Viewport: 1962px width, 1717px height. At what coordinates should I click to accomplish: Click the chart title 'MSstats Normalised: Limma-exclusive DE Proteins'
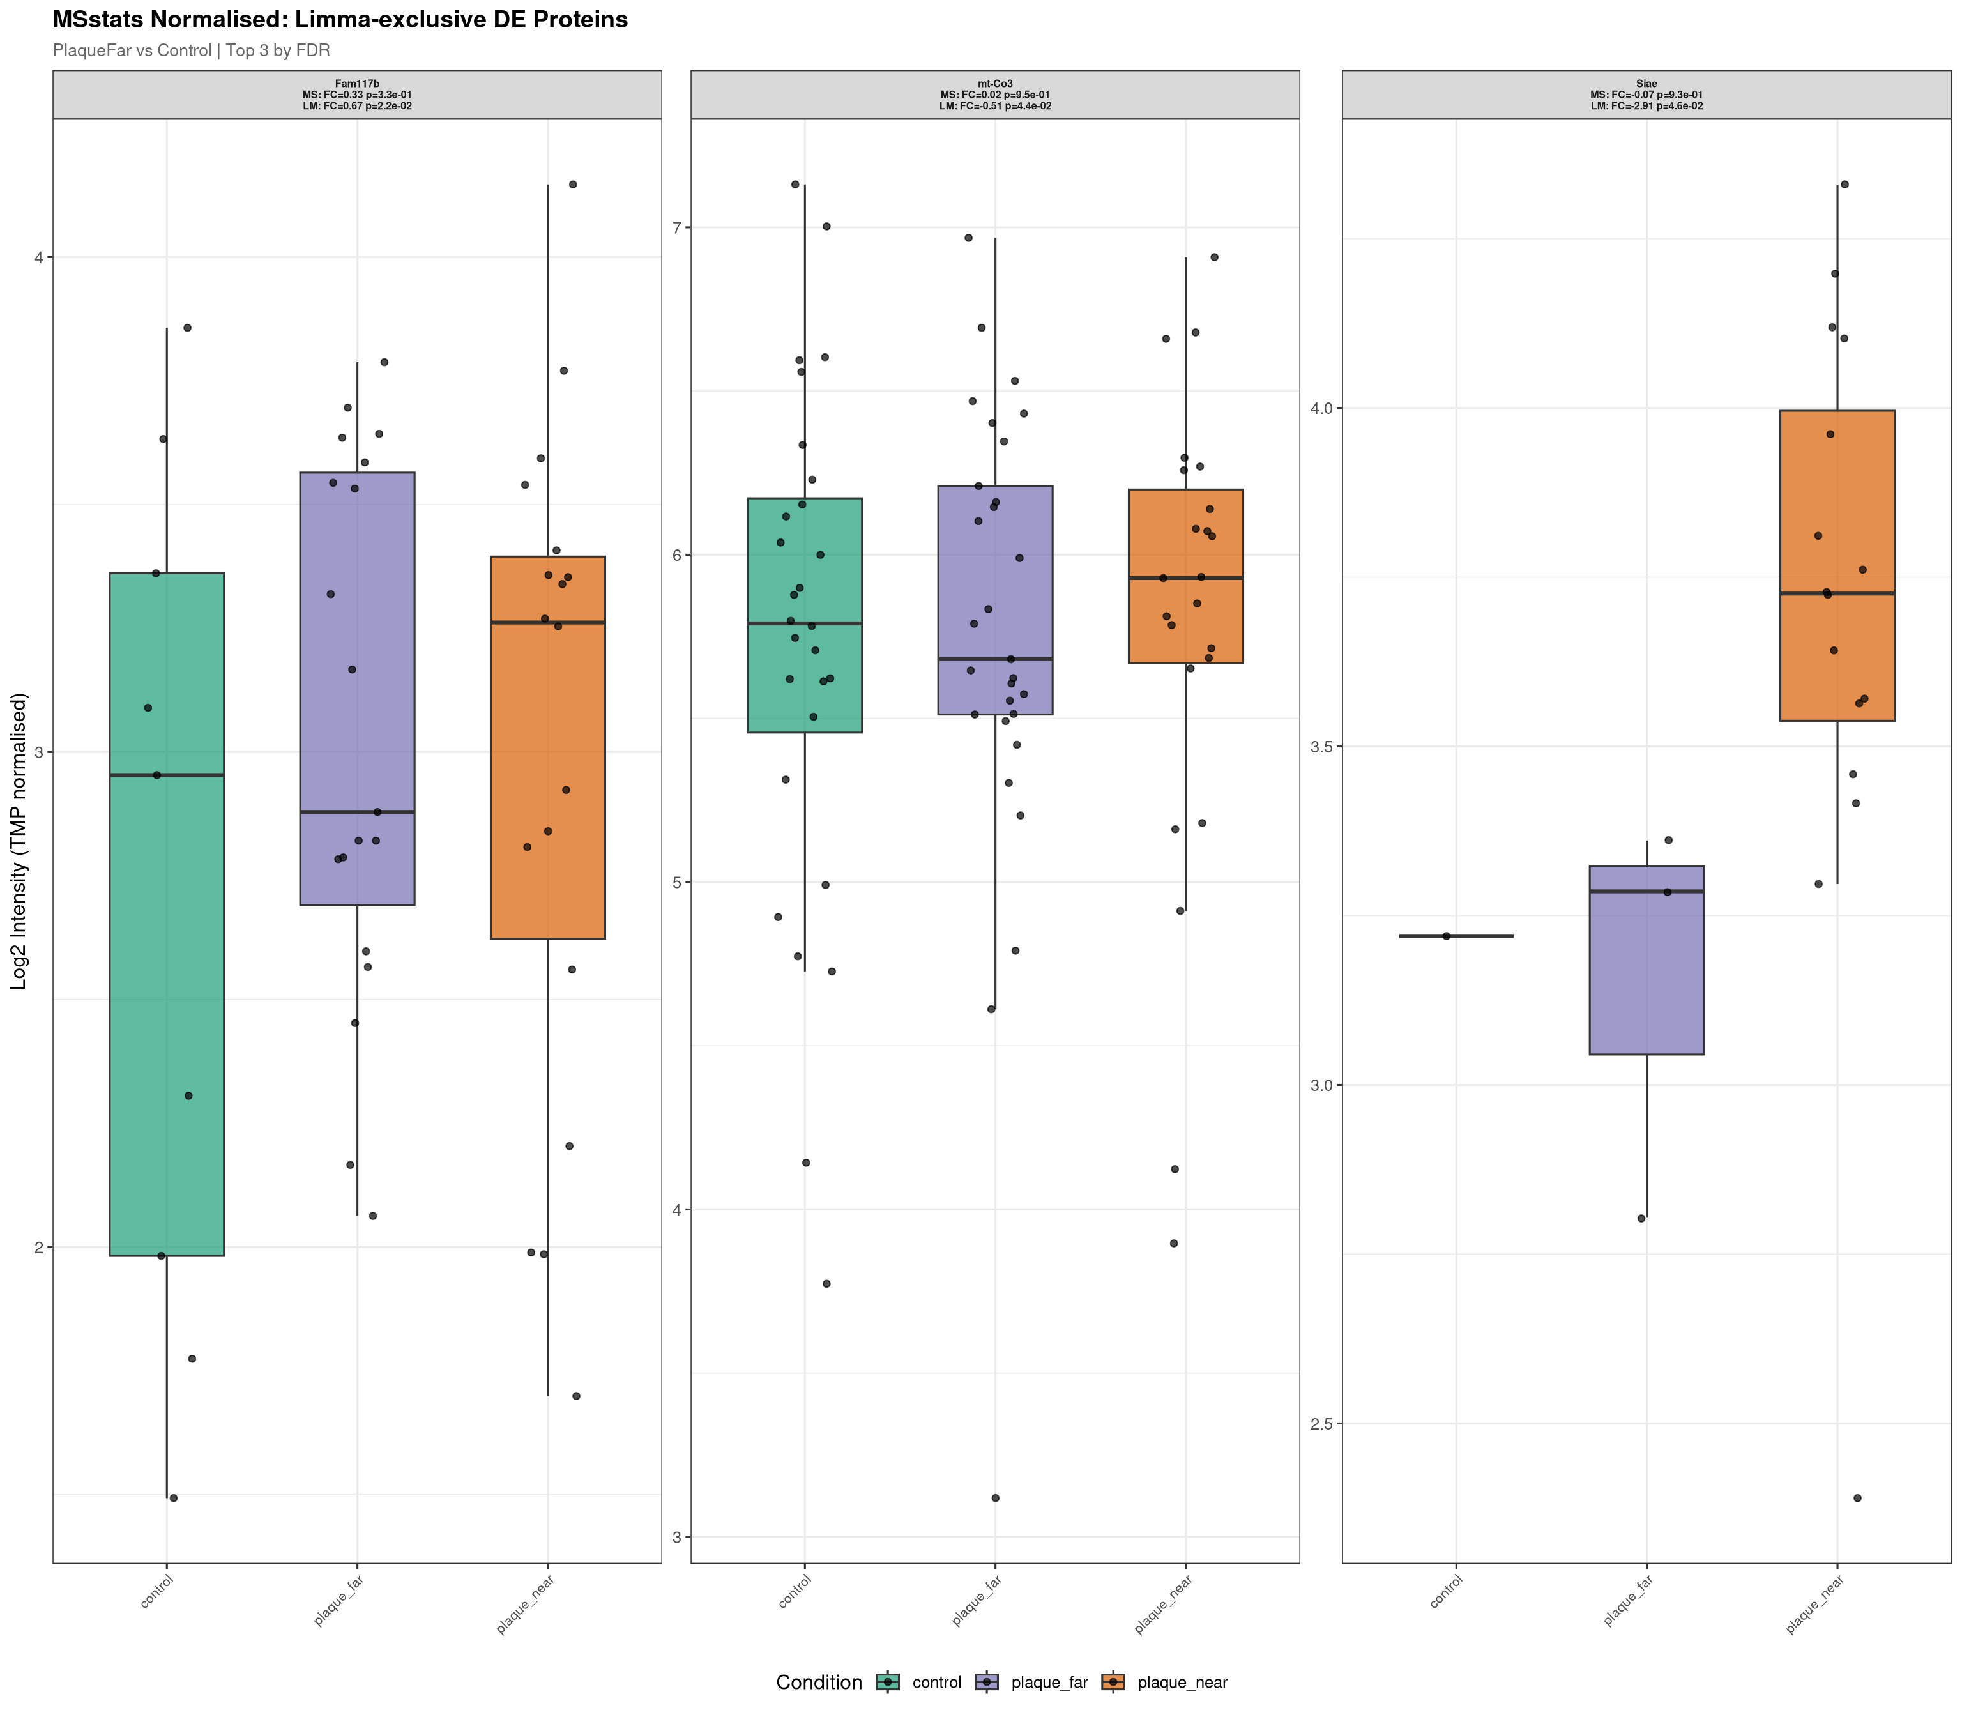pos(340,20)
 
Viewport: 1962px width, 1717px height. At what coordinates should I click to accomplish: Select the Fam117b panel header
pos(356,95)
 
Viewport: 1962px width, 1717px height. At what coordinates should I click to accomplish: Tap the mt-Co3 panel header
pos(994,95)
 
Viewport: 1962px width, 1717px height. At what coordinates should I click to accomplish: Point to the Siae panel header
pos(1646,95)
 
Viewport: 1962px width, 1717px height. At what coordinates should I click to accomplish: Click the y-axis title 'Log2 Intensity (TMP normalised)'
pos(19,841)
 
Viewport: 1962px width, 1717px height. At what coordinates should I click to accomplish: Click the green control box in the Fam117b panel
pos(167,1006)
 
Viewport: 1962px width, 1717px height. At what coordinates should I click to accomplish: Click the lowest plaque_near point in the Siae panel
pos(1857,1497)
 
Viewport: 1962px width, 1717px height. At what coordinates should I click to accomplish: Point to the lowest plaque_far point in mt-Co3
pos(995,1497)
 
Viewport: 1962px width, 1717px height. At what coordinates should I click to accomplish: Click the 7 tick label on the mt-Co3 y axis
pos(676,228)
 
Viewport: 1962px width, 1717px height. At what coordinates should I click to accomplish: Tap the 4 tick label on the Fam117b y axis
pos(38,258)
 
